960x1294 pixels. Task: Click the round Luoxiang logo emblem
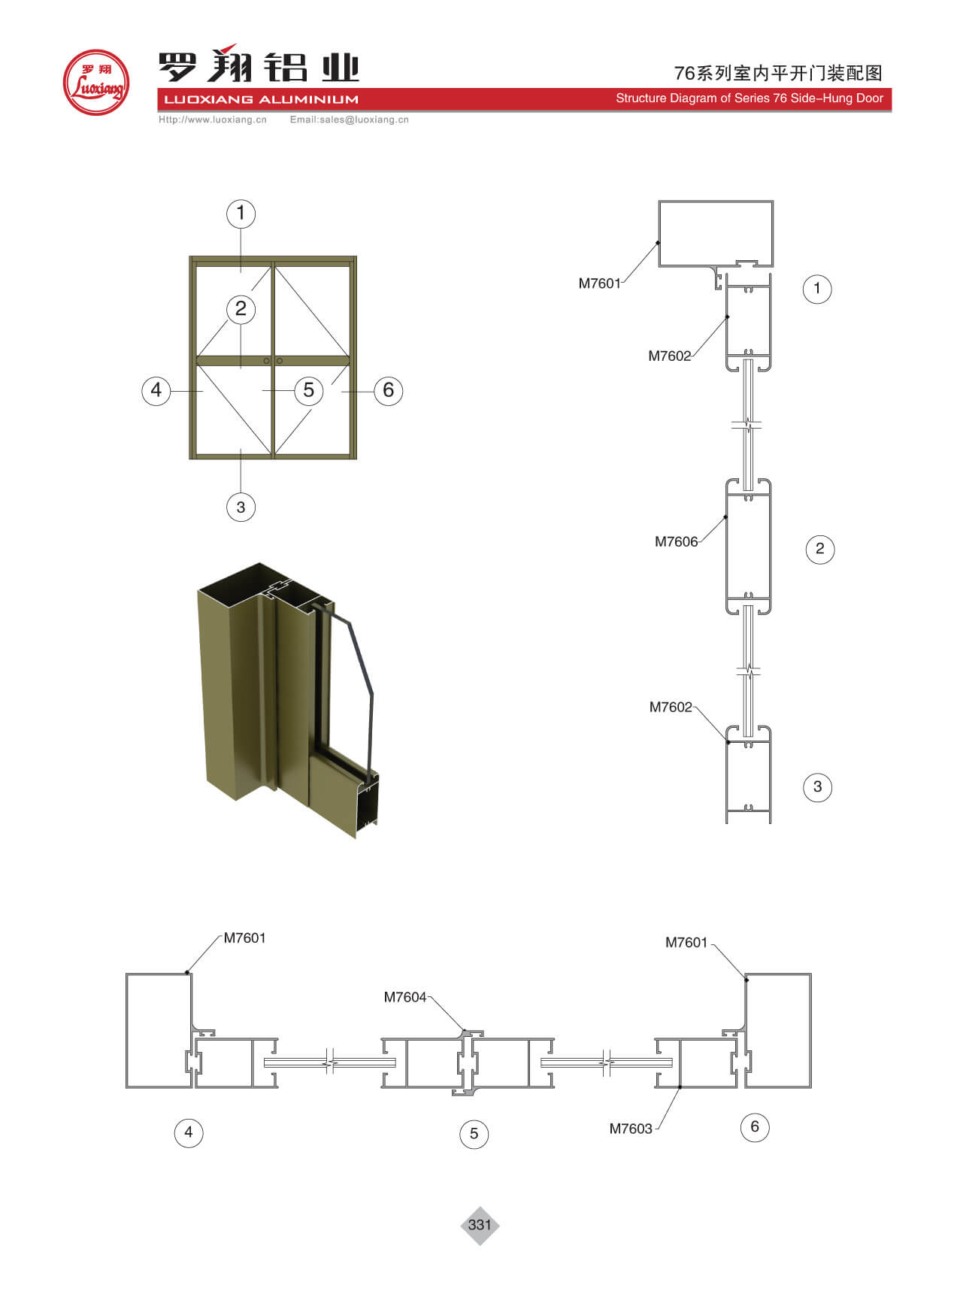point(96,83)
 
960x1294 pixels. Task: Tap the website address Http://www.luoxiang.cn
point(213,120)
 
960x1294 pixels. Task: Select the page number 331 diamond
point(480,1225)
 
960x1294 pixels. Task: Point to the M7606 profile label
point(676,541)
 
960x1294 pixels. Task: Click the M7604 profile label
point(405,997)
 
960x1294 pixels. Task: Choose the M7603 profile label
point(631,1129)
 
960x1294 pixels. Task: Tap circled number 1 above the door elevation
point(241,214)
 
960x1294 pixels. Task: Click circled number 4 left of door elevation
point(156,390)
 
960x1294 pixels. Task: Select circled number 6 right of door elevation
point(389,390)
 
